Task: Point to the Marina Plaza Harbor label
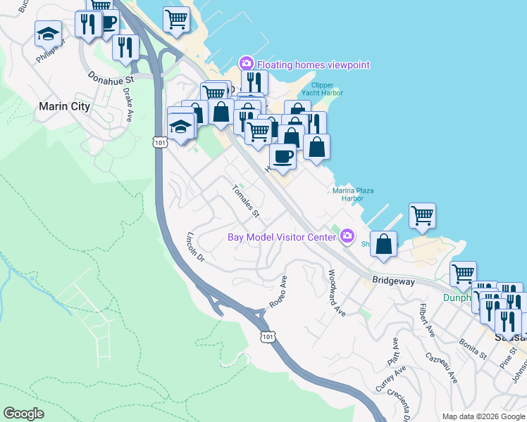(x=353, y=194)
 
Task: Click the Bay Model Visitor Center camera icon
(x=347, y=236)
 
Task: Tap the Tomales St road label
(x=247, y=200)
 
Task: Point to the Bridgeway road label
(x=395, y=281)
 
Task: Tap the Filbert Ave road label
(x=426, y=318)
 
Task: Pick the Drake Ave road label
(x=128, y=104)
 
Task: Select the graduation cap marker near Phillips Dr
(x=49, y=33)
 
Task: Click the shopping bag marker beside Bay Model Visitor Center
(x=384, y=244)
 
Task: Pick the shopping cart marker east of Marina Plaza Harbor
(x=422, y=215)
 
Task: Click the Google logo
(x=24, y=414)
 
